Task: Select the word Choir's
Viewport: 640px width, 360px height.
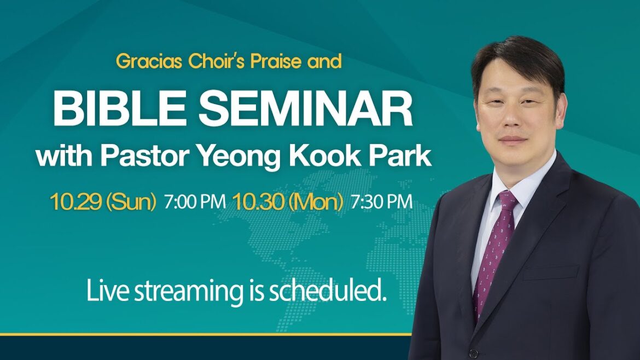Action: pos(217,61)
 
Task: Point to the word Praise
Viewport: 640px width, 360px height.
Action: pos(276,61)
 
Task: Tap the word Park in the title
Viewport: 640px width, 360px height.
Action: pos(403,156)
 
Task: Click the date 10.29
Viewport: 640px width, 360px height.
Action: pos(75,202)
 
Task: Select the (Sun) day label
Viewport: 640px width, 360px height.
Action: pos(131,202)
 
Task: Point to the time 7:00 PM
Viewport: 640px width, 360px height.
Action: pos(194,202)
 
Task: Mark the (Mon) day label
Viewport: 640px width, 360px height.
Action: pos(317,202)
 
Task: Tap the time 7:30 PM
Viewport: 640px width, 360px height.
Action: pos(381,202)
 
